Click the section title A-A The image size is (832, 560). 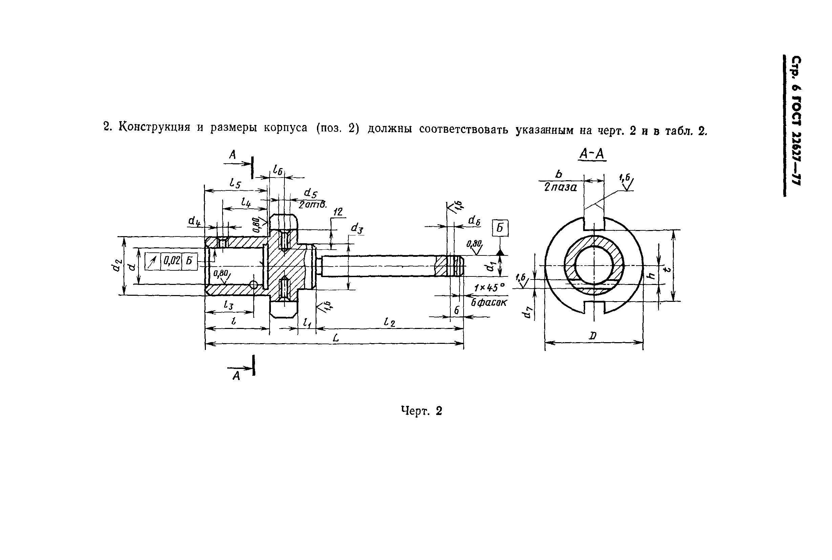click(x=592, y=154)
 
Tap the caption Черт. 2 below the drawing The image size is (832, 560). click(x=421, y=411)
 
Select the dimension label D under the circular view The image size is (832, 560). click(x=593, y=336)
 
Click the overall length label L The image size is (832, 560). click(x=336, y=338)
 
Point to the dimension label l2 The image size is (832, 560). click(x=389, y=323)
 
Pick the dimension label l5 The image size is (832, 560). click(x=235, y=184)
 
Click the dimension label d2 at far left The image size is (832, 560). click(x=116, y=265)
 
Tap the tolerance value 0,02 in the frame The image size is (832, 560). click(x=172, y=261)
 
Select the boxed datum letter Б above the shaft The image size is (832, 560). click(x=500, y=228)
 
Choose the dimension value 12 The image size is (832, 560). click(x=338, y=212)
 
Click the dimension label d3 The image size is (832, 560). click(x=357, y=228)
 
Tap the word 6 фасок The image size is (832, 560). click(x=489, y=303)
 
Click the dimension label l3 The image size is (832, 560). click(x=228, y=305)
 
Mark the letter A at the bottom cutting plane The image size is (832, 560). click(x=236, y=376)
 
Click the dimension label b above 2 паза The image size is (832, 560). click(x=558, y=174)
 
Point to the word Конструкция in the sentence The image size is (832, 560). click(x=154, y=127)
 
